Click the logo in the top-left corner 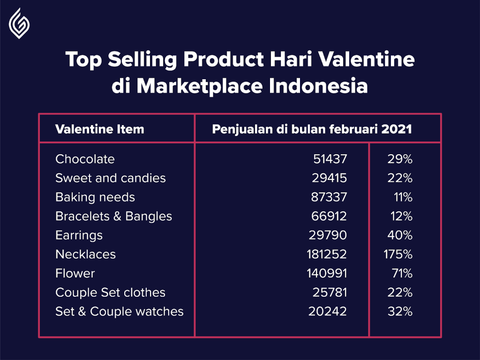[19, 23]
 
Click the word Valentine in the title [366, 59]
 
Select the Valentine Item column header [99, 129]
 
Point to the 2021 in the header [397, 129]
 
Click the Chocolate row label [85, 159]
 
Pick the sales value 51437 [330, 159]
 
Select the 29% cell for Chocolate [400, 159]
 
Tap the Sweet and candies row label [111, 178]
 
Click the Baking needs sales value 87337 [329, 197]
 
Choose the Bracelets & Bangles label [113, 217]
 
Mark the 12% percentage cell [401, 217]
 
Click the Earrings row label [79, 236]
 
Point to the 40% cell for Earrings [400, 235]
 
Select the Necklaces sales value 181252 [327, 255]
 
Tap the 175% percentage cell [398, 255]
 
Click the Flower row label [75, 273]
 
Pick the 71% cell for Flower [402, 273]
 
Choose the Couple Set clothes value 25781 [330, 292]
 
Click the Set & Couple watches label [120, 312]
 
